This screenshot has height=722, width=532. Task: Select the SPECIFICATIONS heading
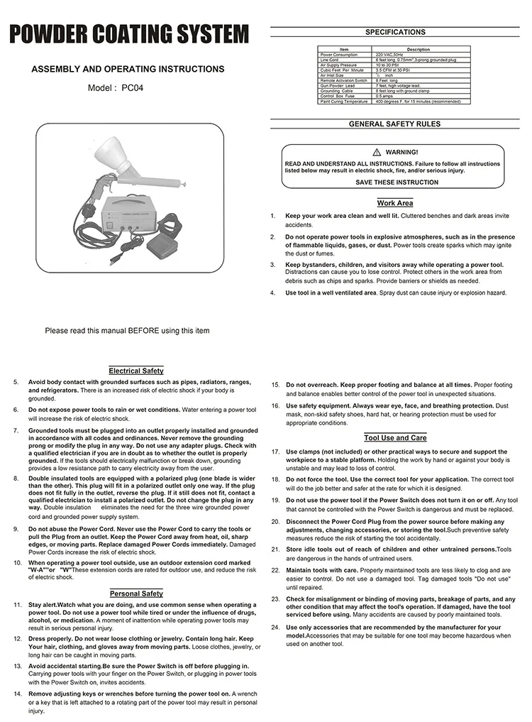395,32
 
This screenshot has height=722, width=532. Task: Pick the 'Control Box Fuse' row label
338,97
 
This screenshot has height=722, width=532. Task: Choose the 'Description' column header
419,50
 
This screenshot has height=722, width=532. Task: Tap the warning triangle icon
377,153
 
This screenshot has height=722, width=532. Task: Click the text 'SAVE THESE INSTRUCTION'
397,182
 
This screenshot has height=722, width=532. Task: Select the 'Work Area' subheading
395,203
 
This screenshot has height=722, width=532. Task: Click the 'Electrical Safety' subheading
136,371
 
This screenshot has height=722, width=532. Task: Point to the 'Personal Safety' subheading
136,593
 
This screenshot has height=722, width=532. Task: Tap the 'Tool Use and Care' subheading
395,438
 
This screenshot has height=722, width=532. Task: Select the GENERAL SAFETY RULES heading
394,124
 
